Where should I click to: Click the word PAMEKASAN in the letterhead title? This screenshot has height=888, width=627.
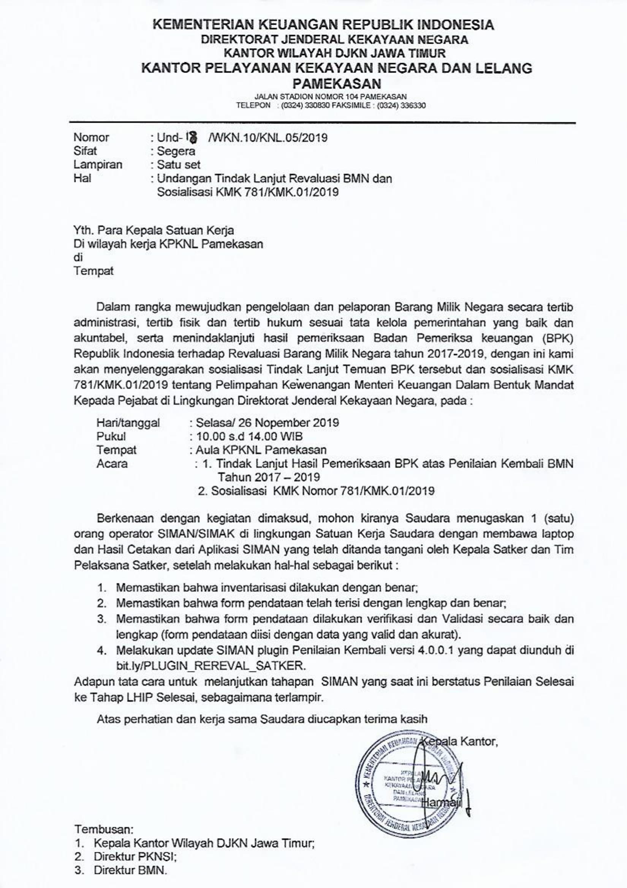tap(337, 84)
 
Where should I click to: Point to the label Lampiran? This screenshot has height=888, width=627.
tap(98, 165)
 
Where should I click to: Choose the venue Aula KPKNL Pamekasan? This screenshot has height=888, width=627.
tap(261, 450)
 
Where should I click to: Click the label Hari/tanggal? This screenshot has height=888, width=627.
tap(128, 423)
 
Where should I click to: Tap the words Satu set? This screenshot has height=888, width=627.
tap(179, 165)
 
